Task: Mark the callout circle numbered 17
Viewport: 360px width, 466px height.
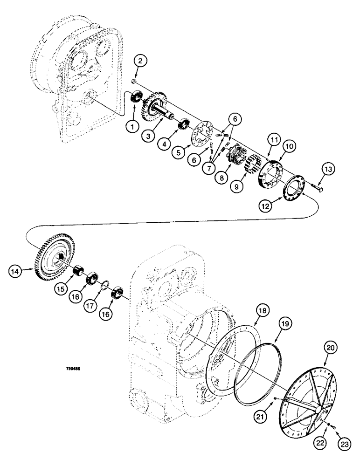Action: point(103,308)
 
